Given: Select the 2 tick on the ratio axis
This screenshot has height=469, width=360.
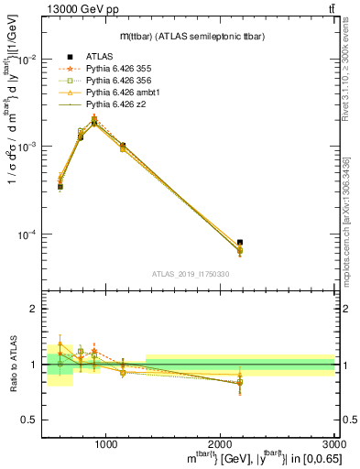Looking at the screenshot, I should point(33,310).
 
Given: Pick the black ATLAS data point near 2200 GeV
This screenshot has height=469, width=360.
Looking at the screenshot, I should point(240,243).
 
